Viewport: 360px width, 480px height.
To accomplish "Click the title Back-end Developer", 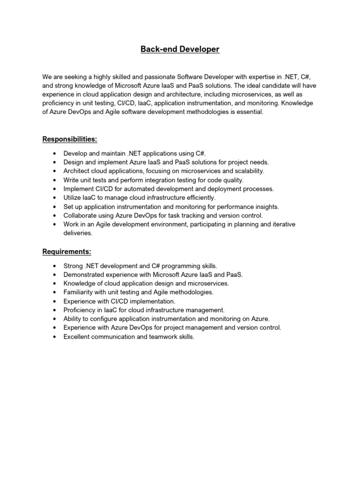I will coord(180,49).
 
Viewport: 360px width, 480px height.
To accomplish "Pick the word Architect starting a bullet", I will coord(77,171).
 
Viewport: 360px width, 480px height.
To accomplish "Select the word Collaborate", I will coord(80,216).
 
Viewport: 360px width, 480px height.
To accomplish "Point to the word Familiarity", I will coord(79,292).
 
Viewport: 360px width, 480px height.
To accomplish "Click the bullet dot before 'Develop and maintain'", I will coord(55,153).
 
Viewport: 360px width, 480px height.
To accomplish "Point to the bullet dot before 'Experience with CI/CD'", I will coord(55,301).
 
